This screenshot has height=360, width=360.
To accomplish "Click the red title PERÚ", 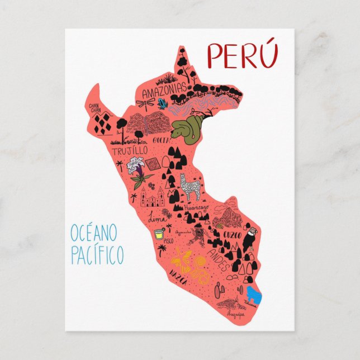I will click(242, 55).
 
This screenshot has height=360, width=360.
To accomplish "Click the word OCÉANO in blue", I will click(94, 231).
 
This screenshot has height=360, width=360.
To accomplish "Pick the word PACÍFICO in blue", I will click(97, 255).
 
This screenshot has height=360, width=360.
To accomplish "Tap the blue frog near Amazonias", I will click(162, 103).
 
